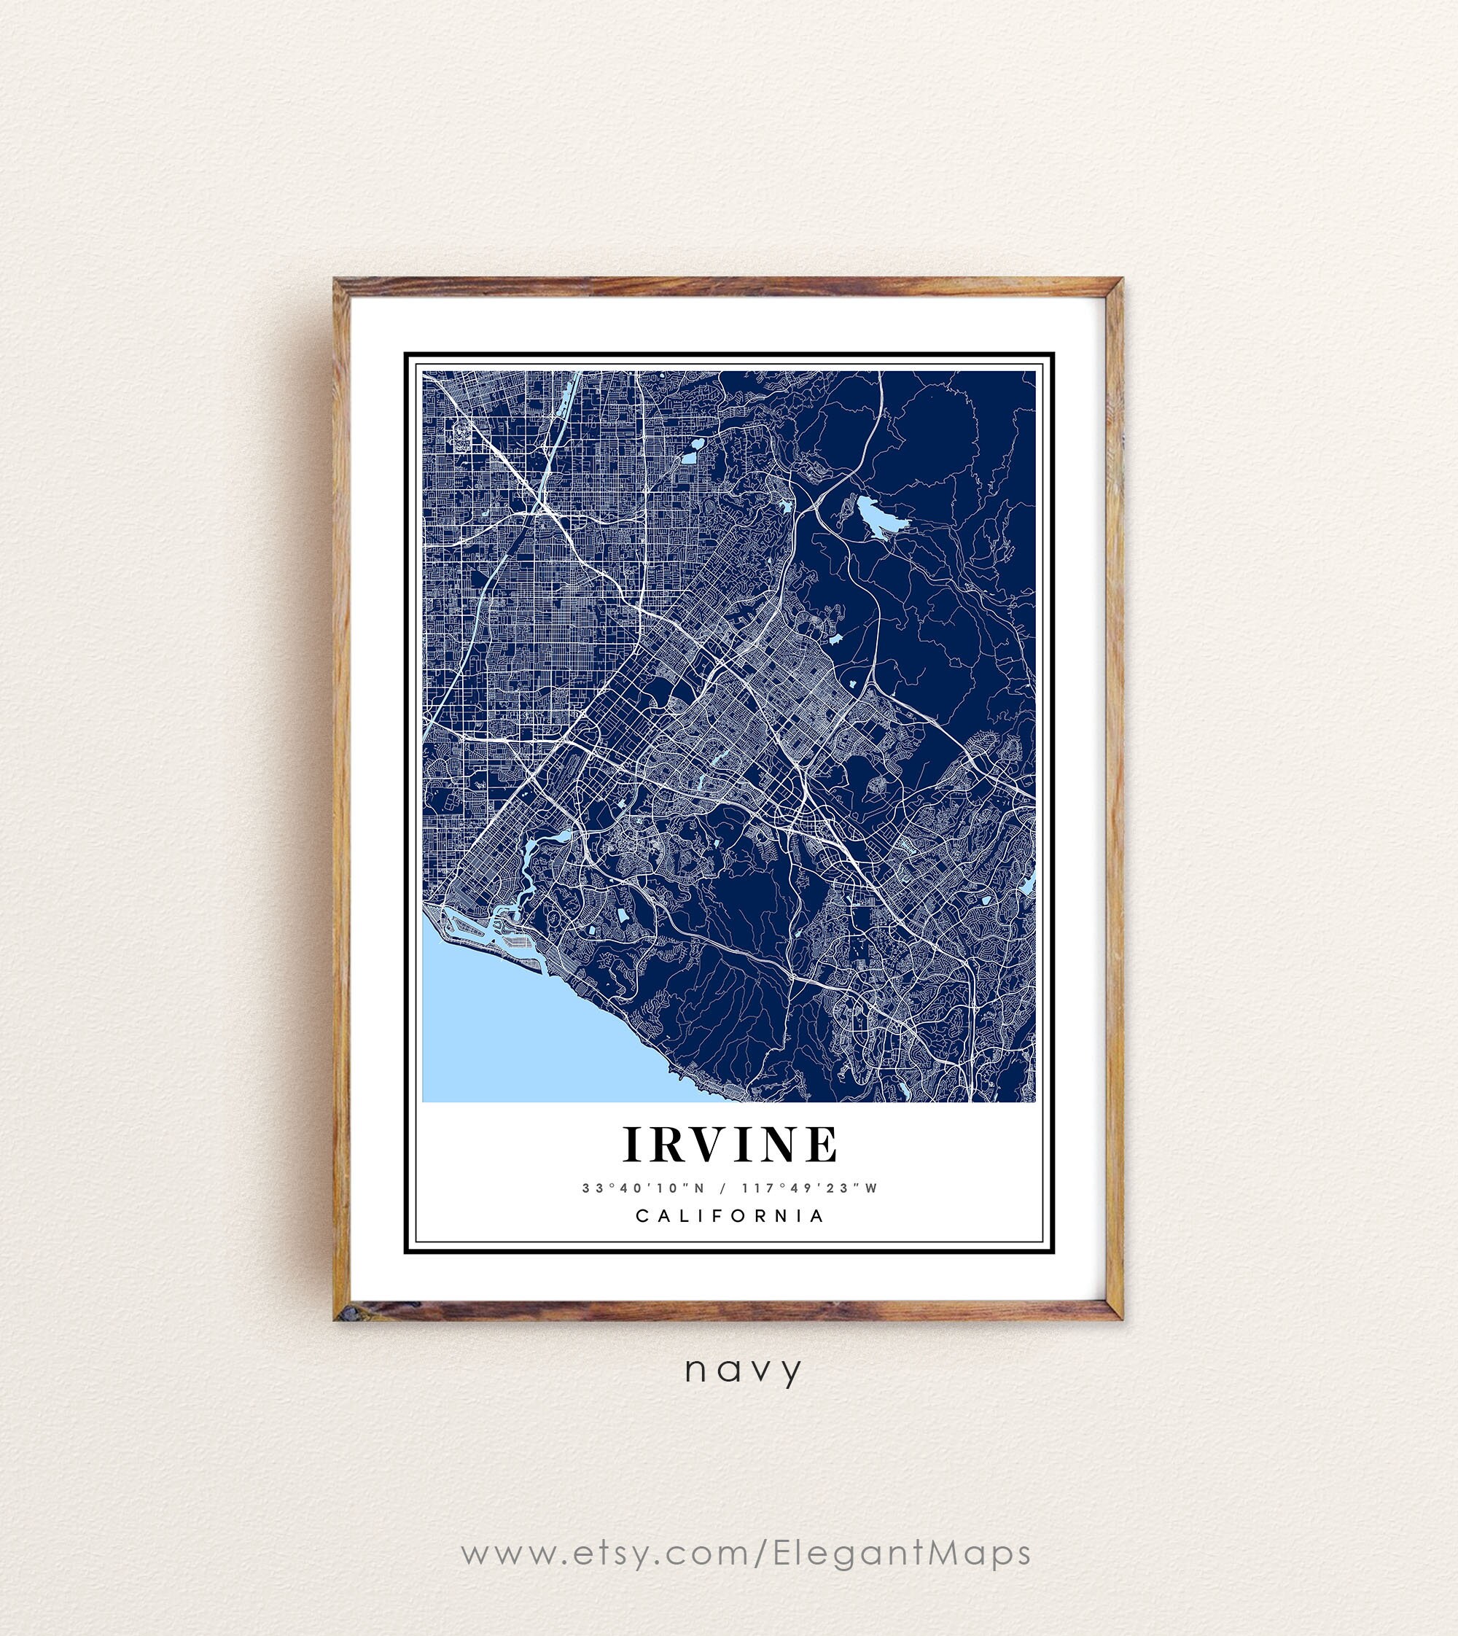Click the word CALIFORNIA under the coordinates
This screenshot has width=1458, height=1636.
(x=730, y=1215)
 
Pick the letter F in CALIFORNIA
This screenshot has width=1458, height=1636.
(x=720, y=1215)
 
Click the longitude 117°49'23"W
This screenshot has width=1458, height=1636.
(x=811, y=1188)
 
